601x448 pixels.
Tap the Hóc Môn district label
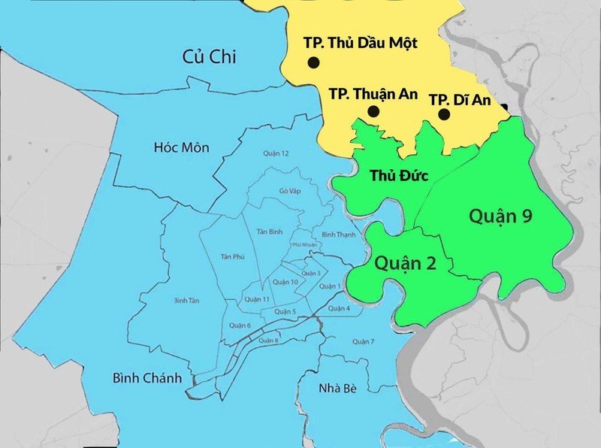point(180,147)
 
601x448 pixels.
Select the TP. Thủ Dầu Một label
point(361,43)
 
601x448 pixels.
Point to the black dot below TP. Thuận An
point(373,112)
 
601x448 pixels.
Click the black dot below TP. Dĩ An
point(444,114)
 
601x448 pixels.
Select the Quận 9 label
point(501,216)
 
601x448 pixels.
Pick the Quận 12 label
point(276,153)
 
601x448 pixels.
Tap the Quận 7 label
point(362,342)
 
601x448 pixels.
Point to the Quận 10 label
point(285,282)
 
